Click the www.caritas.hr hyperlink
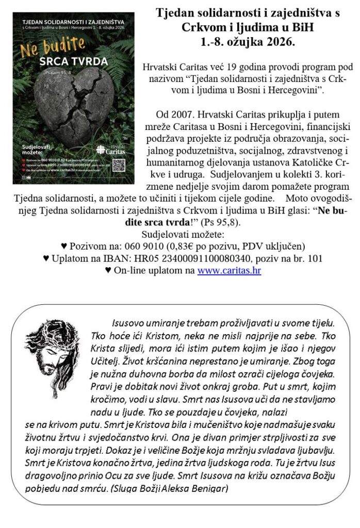pos(229,270)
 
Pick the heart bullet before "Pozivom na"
pos(64,245)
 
